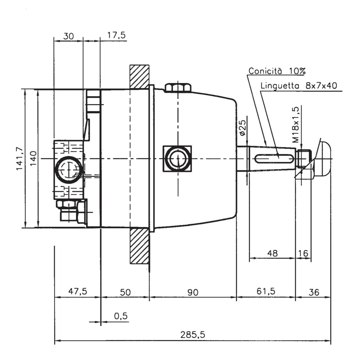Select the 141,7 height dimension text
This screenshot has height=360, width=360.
[21, 159]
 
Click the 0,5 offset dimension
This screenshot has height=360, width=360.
[121, 316]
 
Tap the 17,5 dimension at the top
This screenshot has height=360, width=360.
[116, 36]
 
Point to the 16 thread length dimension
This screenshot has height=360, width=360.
[303, 253]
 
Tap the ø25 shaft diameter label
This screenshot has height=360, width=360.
[242, 128]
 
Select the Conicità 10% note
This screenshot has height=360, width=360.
[277, 71]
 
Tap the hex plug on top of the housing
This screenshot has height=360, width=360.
[178, 88]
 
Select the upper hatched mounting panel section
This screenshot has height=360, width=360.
[139, 76]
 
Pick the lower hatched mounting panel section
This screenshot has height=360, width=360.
[139, 246]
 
